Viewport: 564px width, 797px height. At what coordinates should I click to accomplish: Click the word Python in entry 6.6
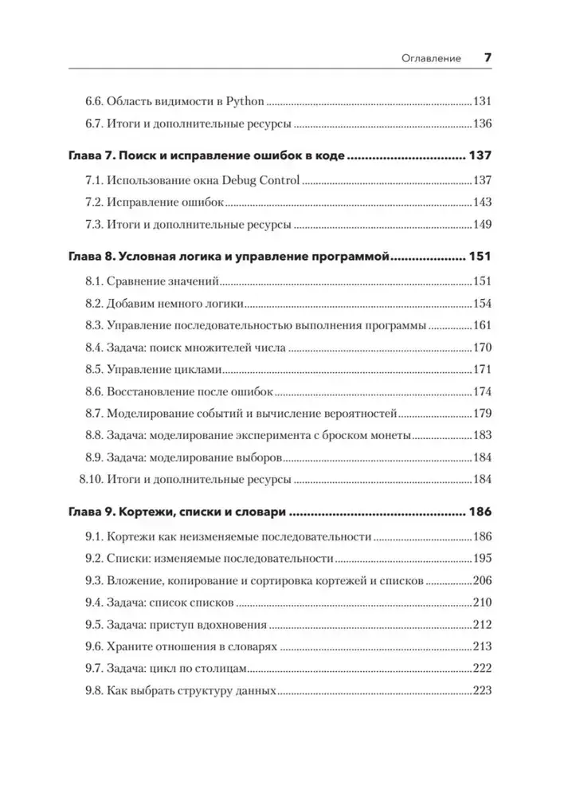[247, 101]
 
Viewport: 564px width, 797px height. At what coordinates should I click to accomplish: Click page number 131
[484, 101]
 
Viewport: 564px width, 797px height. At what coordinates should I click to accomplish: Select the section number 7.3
[96, 225]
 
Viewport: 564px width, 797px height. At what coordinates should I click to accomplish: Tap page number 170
[484, 347]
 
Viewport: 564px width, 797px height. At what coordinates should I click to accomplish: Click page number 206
[484, 580]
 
